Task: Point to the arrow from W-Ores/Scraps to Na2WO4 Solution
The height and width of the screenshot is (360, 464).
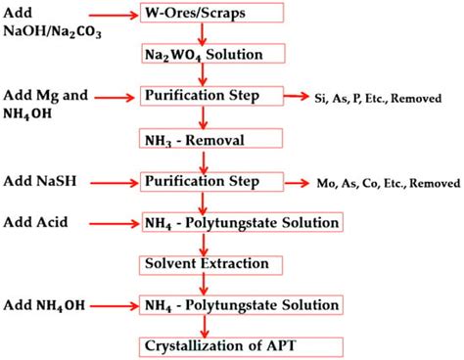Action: (203, 34)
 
